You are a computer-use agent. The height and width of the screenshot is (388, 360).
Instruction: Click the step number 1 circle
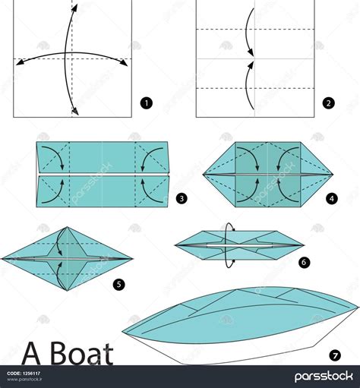(x=147, y=103)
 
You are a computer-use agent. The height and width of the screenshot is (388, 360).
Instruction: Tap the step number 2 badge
(x=329, y=103)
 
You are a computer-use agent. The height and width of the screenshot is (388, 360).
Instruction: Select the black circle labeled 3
(x=182, y=198)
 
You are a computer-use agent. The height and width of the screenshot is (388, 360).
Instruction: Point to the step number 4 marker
(x=332, y=199)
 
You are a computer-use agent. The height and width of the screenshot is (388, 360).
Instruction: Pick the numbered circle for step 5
(x=119, y=285)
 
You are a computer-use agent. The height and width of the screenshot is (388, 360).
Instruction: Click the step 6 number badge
(x=304, y=262)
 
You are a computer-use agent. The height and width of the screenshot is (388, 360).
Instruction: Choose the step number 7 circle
(x=335, y=356)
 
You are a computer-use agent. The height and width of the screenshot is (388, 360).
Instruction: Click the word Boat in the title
(x=82, y=353)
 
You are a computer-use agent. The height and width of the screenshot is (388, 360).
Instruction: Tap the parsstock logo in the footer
(x=324, y=377)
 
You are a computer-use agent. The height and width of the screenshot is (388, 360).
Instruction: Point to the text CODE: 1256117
(x=24, y=374)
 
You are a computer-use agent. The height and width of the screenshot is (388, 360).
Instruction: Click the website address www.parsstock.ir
(x=24, y=379)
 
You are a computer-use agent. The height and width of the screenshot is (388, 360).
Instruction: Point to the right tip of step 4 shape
(x=333, y=175)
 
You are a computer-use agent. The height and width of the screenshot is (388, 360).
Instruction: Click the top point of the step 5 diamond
(x=67, y=227)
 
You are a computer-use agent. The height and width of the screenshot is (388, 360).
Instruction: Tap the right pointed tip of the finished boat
(x=358, y=308)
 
